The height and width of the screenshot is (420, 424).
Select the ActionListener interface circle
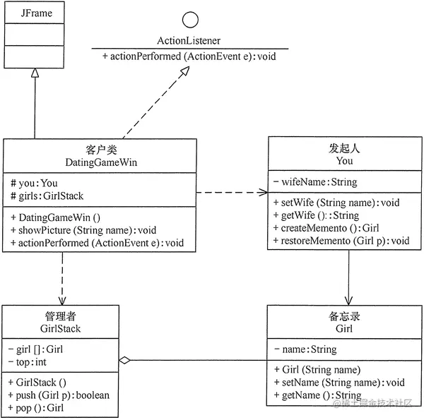[x=190, y=20]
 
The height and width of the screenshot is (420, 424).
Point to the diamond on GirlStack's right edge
[x=125, y=361]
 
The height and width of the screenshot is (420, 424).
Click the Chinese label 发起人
[x=345, y=149]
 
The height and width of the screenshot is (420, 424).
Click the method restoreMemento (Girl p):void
[x=341, y=241]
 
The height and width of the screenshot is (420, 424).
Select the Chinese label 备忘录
[x=345, y=316]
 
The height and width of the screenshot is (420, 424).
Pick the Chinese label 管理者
[x=60, y=316]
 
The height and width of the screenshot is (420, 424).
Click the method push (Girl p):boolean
[x=58, y=395]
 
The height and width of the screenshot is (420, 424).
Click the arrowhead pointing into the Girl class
[x=348, y=300]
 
